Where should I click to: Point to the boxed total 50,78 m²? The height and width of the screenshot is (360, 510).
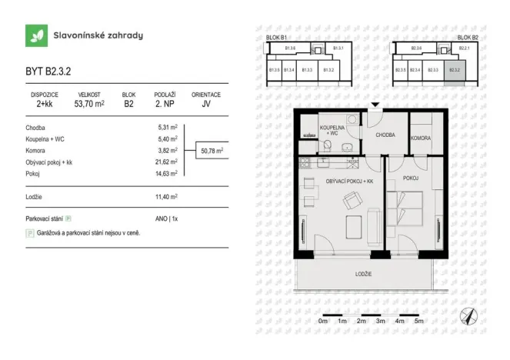pos(212,151)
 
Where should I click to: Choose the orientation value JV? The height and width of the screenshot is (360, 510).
pos(205,103)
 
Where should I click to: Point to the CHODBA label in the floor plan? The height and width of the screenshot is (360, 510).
pos(385,134)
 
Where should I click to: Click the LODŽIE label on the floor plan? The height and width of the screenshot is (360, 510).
pos(364,274)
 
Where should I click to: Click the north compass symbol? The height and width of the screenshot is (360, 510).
pos(468,315)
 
